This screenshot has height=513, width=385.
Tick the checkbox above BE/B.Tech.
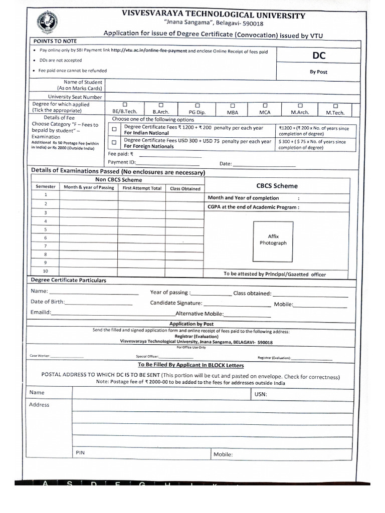(125, 105)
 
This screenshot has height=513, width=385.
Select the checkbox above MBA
(233, 105)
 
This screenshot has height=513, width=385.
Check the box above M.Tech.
(335, 106)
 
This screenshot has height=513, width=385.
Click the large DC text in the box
(319, 56)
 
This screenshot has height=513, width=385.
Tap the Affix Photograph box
(273, 239)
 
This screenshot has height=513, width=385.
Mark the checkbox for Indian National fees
(114, 129)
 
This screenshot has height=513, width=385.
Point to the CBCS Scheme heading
(277, 186)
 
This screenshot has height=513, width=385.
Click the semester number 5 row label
(46, 229)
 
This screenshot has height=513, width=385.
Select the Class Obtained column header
(185, 188)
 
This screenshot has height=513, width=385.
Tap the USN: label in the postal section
(261, 394)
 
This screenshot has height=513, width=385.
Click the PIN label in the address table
(80, 452)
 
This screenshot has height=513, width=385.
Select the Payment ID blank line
(168, 164)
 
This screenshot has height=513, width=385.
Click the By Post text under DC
(318, 72)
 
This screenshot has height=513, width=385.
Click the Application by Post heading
(191, 324)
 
